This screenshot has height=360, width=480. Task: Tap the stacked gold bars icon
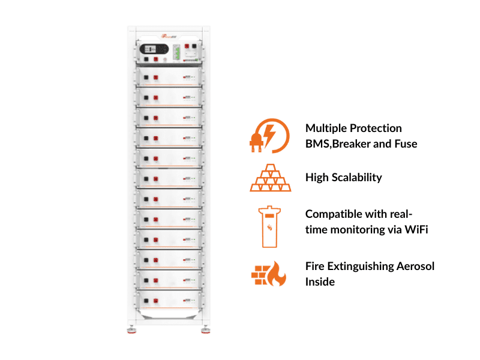pos(270,178)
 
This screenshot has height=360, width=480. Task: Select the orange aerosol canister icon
pos(270,226)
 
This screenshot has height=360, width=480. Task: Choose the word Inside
pos(320,281)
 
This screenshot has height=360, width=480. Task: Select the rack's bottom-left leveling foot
pos(130,329)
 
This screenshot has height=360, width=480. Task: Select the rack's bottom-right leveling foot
pos(205,329)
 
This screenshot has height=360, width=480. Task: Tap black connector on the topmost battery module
pos(146,77)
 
